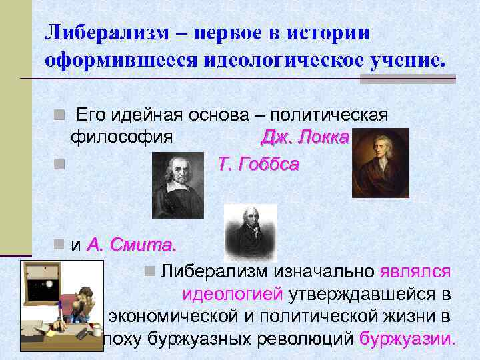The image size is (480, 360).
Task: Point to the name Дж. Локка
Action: pos(305,137)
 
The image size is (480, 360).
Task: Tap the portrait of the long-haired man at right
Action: pos(381,162)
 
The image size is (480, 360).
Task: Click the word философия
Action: pos(122,137)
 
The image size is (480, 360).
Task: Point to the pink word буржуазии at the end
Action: pos(407,338)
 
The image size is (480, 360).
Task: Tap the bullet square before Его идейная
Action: pos(59,115)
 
